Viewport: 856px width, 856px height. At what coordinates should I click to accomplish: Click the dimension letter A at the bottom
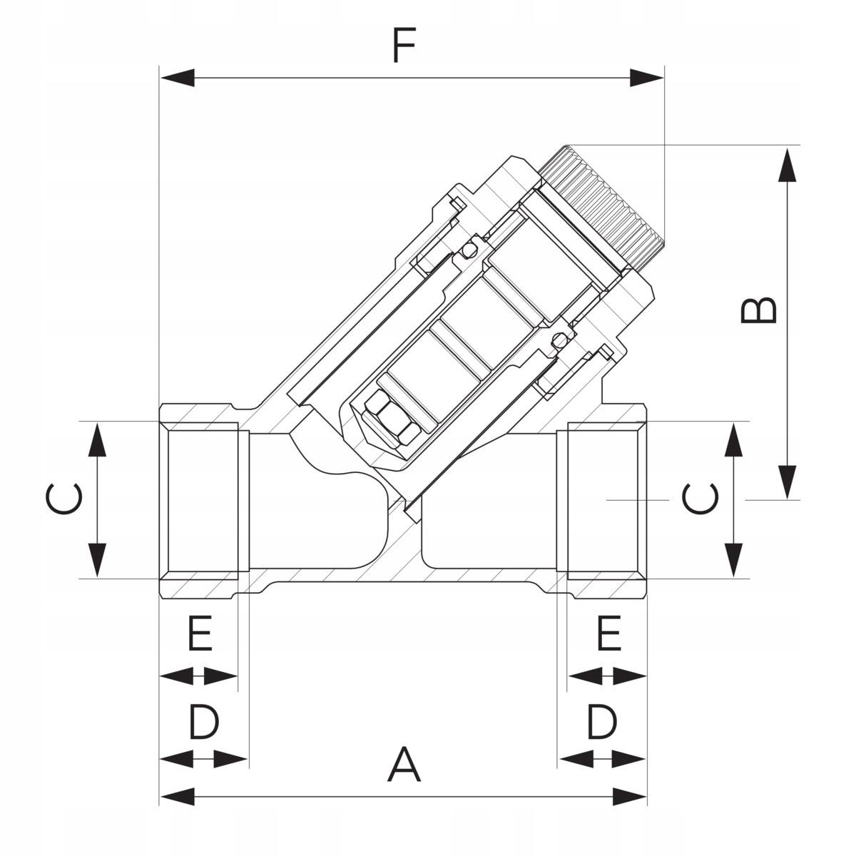[404, 765]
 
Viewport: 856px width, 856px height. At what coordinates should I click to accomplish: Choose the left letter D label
[204, 722]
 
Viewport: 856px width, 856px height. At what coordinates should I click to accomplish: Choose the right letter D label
[601, 722]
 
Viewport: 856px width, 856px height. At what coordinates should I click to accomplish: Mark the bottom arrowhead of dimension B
[787, 481]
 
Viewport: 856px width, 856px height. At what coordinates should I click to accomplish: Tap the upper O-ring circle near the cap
[469, 250]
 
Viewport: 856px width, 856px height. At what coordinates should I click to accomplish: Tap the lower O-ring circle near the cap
[560, 337]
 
